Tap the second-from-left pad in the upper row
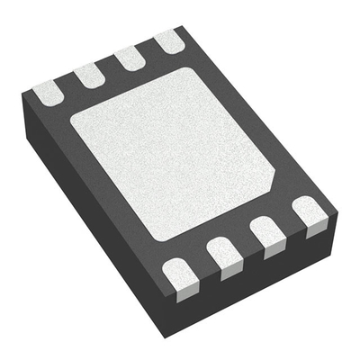pos(89,74)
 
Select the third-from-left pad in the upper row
pos(129,57)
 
